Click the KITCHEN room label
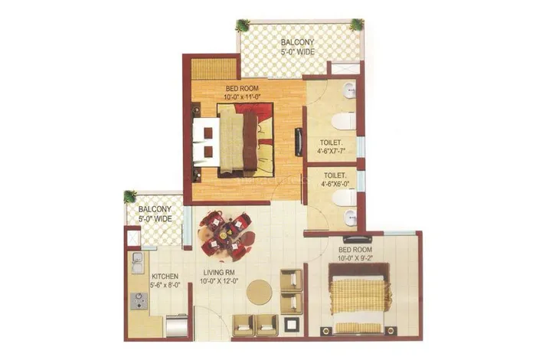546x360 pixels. (x=165, y=277)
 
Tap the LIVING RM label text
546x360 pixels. (x=219, y=273)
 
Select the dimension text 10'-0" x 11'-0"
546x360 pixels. (x=242, y=97)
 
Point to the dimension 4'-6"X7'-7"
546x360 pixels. (x=331, y=152)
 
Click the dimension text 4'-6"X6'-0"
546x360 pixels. (x=335, y=184)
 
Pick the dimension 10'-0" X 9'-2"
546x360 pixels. (x=355, y=258)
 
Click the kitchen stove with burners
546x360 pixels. (x=139, y=301)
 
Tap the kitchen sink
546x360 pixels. (x=138, y=263)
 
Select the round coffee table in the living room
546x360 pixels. (x=260, y=292)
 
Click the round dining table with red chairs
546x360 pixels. (x=226, y=235)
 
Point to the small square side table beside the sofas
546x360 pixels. (x=290, y=325)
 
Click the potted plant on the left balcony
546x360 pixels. (x=130, y=197)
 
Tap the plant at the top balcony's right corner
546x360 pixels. (x=357, y=25)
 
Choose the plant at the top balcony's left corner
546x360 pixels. (x=242, y=25)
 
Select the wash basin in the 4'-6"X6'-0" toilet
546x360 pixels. (x=350, y=218)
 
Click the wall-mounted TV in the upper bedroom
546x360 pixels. (x=298, y=142)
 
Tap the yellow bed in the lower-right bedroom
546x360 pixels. (x=359, y=299)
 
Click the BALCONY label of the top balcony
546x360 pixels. (x=298, y=42)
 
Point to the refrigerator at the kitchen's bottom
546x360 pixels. (x=177, y=326)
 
